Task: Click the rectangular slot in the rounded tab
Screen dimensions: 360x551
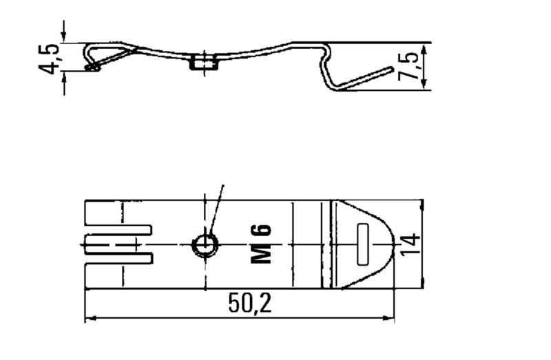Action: click(x=364, y=244)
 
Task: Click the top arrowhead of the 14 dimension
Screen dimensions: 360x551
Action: click(x=421, y=204)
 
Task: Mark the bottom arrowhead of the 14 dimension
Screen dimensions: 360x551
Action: click(x=421, y=284)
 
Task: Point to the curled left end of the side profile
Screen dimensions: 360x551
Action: click(x=90, y=65)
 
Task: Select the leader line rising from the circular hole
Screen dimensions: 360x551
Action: click(x=217, y=210)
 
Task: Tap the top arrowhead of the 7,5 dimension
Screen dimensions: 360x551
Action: click(x=421, y=47)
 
